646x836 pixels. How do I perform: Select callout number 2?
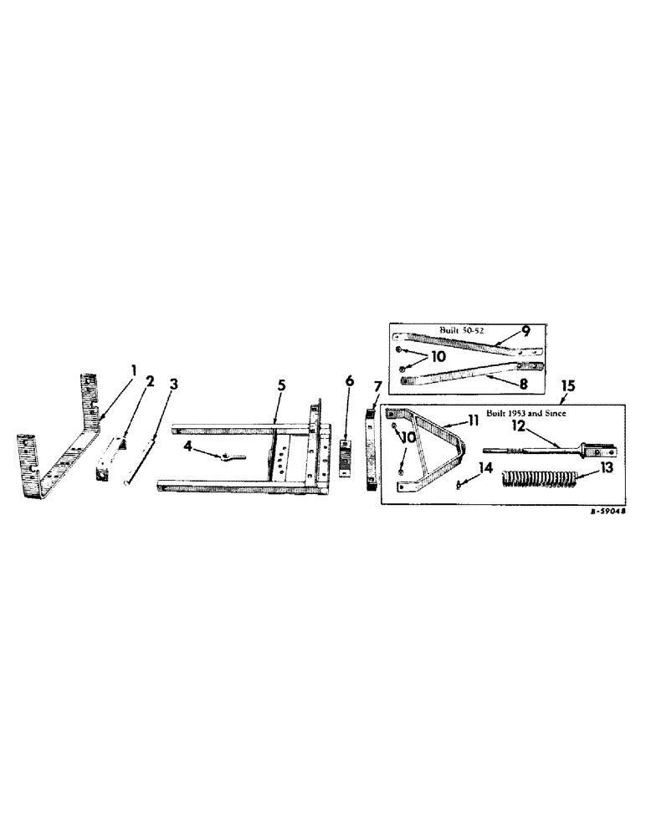(150, 380)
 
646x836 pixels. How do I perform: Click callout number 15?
(569, 388)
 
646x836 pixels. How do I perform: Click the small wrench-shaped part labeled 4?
(226, 456)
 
